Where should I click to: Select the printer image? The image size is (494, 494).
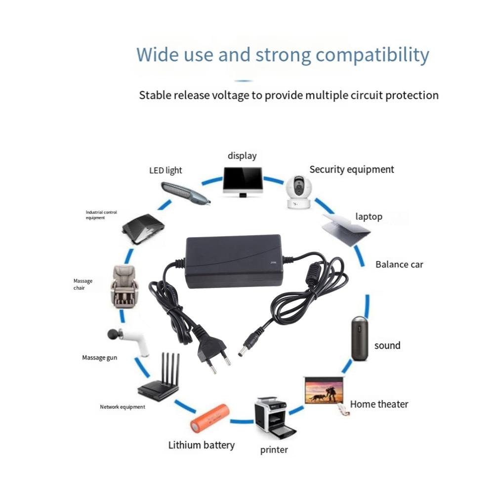click(270, 416)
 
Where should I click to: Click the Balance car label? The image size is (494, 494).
click(399, 264)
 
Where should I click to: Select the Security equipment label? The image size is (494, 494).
click(352, 169)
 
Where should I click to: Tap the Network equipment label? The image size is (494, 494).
click(123, 407)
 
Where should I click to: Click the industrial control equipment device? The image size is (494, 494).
click(143, 229)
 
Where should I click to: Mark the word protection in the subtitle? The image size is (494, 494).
click(407, 95)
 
